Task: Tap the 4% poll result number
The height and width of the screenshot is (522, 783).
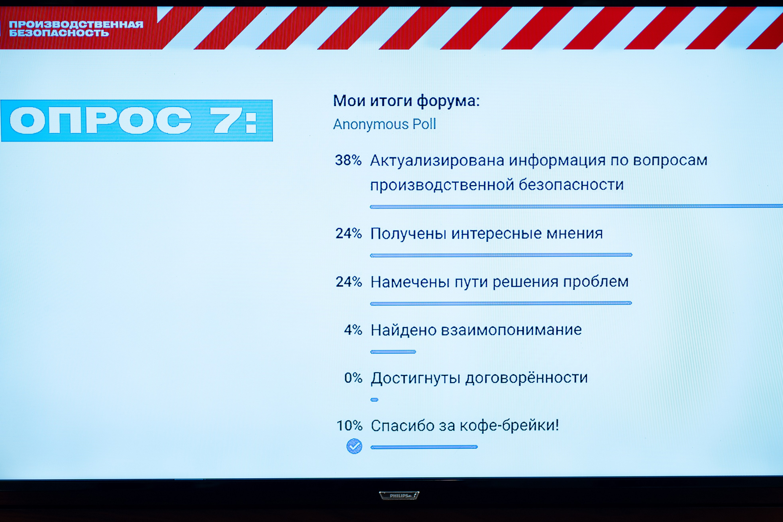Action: (x=353, y=330)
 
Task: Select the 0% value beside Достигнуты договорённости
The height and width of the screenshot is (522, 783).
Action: (x=353, y=378)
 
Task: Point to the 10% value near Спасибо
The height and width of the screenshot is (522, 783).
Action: (x=349, y=425)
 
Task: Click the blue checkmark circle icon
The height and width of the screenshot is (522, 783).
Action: (x=354, y=446)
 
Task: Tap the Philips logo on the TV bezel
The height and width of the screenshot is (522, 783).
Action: (x=399, y=496)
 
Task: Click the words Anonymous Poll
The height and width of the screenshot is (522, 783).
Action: (x=384, y=124)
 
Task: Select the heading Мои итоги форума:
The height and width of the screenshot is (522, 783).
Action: (x=406, y=101)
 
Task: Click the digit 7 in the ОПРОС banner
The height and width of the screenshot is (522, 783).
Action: (x=226, y=120)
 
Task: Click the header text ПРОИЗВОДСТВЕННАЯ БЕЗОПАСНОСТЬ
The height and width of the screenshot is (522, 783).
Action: (x=76, y=28)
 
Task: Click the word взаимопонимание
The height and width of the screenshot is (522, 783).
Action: (x=511, y=330)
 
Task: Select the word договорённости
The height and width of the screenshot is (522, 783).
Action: (x=526, y=378)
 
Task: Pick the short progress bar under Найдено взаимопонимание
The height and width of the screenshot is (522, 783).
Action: (x=393, y=352)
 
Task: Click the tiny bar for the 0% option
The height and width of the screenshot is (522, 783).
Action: (x=374, y=400)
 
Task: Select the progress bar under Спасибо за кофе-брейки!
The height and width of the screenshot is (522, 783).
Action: (x=424, y=447)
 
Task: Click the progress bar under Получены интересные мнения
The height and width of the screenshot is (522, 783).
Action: (x=501, y=255)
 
